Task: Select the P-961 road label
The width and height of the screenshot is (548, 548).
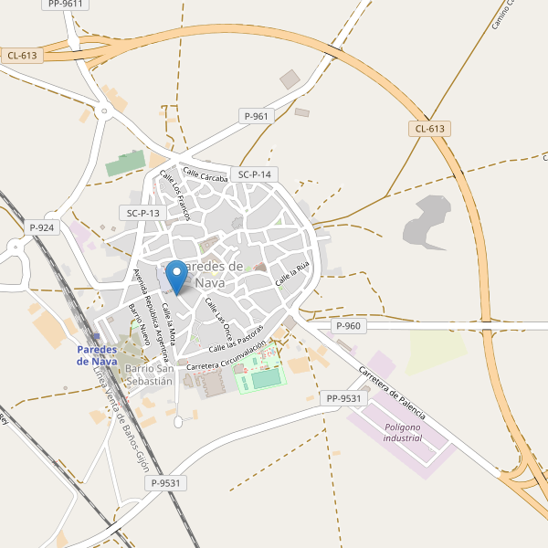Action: pyautogui.click(x=257, y=116)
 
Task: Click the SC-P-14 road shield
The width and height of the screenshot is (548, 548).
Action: pyautogui.click(x=255, y=174)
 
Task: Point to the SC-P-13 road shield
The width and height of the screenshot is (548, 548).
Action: pyautogui.click(x=143, y=213)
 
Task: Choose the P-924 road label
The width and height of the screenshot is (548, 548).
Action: pyautogui.click(x=42, y=227)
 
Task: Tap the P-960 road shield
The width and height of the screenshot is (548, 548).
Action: pyautogui.click(x=349, y=326)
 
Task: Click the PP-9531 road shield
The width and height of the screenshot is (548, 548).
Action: pyautogui.click(x=343, y=398)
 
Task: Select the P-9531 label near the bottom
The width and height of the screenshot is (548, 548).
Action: pyautogui.click(x=167, y=483)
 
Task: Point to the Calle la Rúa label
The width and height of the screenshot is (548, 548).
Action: pyautogui.click(x=294, y=270)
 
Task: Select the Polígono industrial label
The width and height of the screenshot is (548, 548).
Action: pyautogui.click(x=403, y=432)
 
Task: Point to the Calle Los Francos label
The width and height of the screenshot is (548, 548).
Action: pyautogui.click(x=174, y=195)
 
